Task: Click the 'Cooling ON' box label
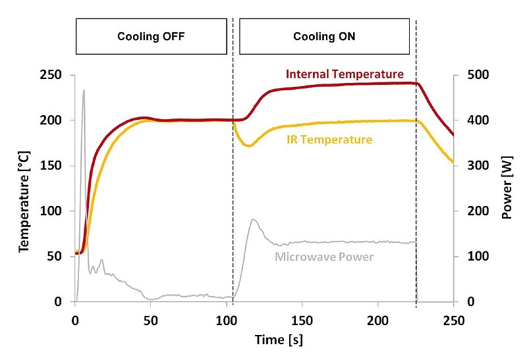pyautogui.click(x=324, y=37)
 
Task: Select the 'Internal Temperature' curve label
pyautogui.click(x=345, y=74)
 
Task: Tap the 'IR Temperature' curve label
pyautogui.click(x=329, y=140)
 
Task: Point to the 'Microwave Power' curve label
pyautogui.click(x=324, y=257)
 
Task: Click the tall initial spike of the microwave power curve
pyautogui.click(x=84, y=91)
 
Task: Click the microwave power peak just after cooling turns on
pyautogui.click(x=252, y=220)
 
